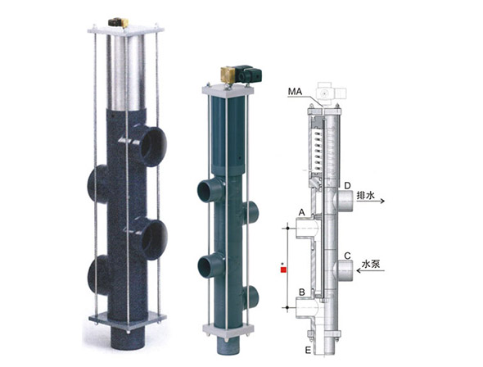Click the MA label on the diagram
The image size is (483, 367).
295,92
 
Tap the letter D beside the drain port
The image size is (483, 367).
347,185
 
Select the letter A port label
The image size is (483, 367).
302,212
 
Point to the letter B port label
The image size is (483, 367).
302,292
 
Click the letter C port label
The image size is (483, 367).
347,256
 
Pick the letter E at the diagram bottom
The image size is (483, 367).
308,350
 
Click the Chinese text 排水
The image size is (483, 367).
366,195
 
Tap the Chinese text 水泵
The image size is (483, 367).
371,264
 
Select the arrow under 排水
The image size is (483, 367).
371,202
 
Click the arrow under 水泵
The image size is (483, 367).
371,270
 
